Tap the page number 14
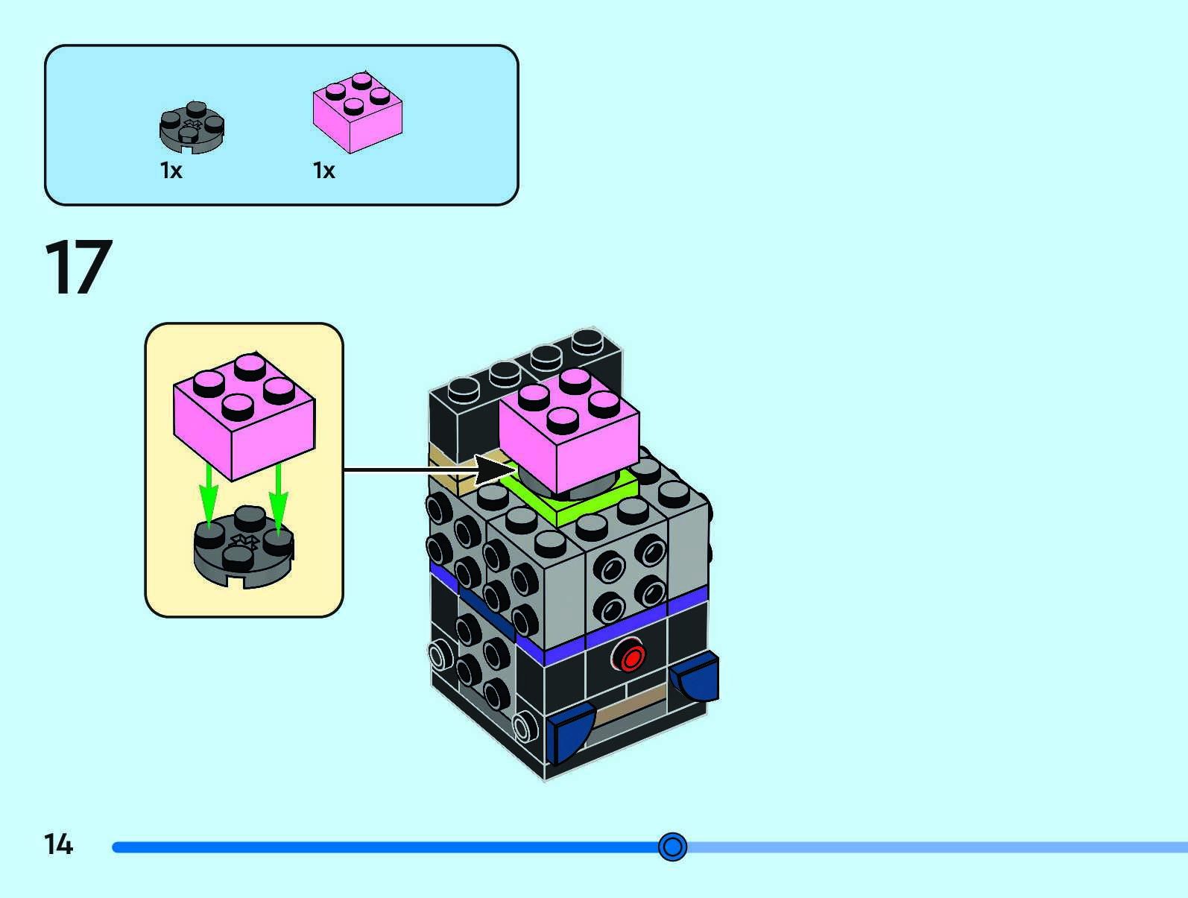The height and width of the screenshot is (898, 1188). pos(58,844)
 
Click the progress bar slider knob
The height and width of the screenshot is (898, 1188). pos(672,847)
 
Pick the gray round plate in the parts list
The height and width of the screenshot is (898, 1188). pos(192,127)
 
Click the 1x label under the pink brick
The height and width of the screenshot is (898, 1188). pos(323,171)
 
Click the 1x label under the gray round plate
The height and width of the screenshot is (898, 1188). pos(171,171)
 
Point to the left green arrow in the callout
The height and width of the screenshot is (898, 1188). pos(209,495)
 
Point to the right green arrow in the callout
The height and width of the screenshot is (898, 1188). pos(278,495)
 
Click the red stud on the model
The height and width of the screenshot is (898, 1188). pos(632,658)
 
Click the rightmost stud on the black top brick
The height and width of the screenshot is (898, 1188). pos(588,341)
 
